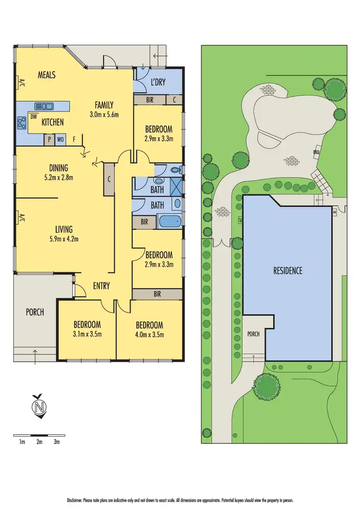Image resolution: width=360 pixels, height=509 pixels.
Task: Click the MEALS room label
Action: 47,75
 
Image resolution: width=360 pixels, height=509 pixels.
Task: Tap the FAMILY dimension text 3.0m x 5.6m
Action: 104,114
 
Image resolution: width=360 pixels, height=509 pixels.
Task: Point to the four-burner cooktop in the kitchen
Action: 22,123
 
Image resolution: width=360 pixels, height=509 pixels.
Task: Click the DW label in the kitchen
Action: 34,116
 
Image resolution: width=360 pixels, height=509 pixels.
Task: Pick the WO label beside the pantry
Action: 60,140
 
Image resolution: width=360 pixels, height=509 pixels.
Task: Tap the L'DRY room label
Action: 158,83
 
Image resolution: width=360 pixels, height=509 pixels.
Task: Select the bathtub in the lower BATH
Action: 169,222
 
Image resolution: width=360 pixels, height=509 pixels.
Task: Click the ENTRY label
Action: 101,286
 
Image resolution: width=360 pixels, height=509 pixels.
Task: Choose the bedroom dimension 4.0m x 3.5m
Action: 149,334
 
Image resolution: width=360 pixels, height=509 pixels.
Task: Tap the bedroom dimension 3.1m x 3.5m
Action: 87,334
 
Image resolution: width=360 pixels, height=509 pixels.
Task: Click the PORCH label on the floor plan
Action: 35,312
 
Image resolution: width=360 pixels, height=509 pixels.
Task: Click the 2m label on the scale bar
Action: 39,442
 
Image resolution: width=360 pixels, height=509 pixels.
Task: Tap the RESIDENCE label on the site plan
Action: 288,271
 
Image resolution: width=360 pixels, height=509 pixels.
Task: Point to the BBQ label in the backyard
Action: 316,152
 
